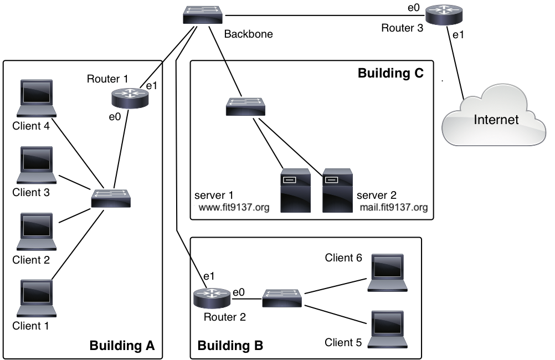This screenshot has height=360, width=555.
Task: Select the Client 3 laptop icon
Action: click(37, 165)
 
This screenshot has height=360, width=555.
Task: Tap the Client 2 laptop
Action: click(37, 232)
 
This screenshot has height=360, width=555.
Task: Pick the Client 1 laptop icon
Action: click(37, 298)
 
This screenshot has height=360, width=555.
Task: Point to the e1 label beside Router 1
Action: click(151, 86)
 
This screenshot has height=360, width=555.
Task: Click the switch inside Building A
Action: click(111, 198)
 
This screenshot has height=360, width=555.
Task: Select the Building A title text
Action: click(122, 346)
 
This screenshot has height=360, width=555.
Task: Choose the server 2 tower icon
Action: click(337, 191)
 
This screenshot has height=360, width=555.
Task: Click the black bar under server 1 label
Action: click(235, 208)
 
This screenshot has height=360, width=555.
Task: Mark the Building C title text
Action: click(390, 73)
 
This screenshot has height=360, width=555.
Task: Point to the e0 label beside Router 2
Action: click(239, 292)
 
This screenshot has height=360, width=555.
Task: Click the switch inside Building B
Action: click(282, 298)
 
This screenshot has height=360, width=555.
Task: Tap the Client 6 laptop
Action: click(388, 272)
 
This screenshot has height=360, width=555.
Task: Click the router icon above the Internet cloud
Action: click(444, 15)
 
